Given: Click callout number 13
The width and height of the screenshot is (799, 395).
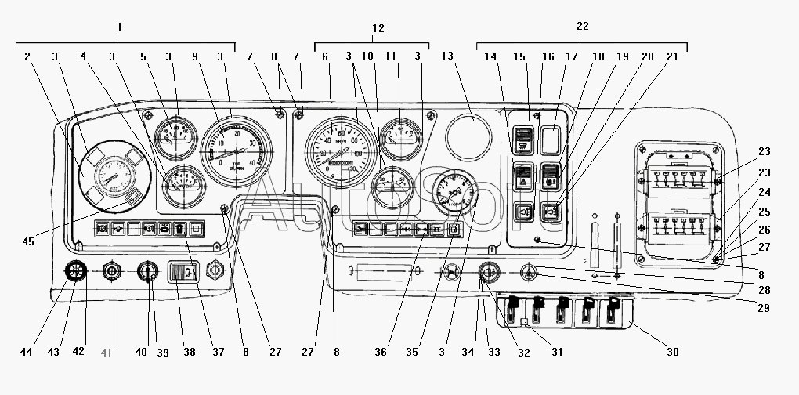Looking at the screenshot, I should (447, 56).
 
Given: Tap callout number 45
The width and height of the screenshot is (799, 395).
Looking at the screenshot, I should (28, 241).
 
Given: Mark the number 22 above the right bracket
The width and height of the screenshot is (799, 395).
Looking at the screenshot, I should (582, 27).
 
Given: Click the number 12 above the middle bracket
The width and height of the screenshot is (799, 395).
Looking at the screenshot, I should (378, 28).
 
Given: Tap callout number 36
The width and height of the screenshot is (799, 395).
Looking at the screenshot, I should (381, 352).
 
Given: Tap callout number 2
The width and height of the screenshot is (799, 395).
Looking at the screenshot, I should (27, 56).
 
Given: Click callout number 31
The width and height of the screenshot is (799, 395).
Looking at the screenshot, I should (557, 352).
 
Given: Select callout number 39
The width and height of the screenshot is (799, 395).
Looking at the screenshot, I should (163, 352).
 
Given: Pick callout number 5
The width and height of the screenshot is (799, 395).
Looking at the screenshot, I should (143, 56).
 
